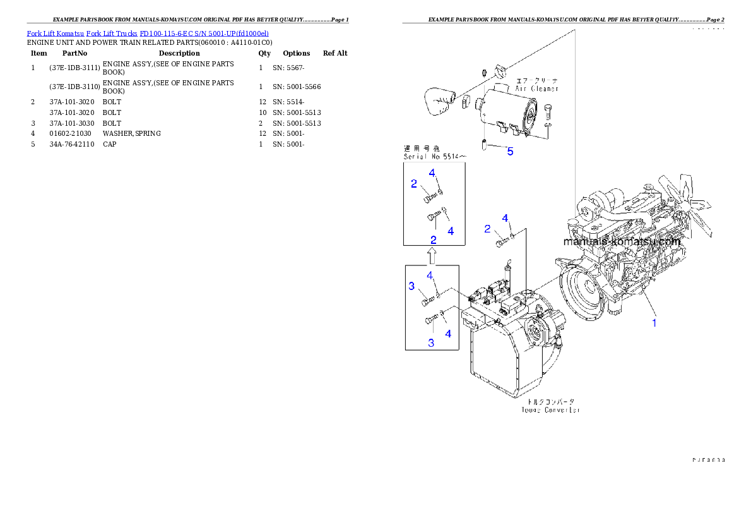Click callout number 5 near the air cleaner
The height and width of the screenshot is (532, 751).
(x=510, y=151)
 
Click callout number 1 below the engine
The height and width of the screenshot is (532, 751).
(x=654, y=323)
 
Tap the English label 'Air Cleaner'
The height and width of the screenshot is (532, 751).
(x=536, y=89)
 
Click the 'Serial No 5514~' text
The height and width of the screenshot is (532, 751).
(x=435, y=156)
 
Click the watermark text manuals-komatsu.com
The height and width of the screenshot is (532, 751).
(x=621, y=242)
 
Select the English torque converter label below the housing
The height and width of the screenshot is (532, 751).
(x=550, y=410)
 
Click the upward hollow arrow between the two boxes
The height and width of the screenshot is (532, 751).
(x=432, y=256)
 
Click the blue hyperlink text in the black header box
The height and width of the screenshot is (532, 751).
(x=148, y=33)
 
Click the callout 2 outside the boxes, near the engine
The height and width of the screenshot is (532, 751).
(x=487, y=229)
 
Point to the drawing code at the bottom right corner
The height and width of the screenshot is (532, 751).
(x=708, y=461)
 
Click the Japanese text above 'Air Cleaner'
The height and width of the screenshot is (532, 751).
(x=536, y=81)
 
